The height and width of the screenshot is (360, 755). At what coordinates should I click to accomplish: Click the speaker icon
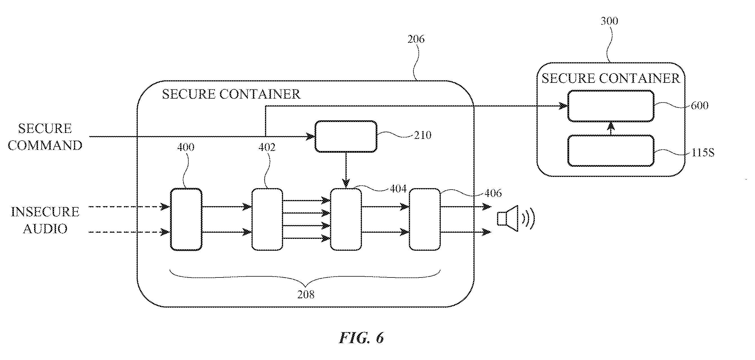pos(516,218)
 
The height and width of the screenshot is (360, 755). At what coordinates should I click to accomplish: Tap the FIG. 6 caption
pos(361,338)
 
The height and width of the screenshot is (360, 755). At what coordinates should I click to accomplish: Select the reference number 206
pos(416,39)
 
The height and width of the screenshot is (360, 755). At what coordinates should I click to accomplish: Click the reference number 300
pos(609,21)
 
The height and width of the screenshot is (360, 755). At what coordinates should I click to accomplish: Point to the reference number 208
pos(306,294)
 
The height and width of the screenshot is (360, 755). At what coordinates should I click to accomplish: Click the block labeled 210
pos(346,136)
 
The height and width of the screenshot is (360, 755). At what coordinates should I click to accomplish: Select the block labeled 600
pos(611,106)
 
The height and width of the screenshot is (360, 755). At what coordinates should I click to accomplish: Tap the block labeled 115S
pos(611,151)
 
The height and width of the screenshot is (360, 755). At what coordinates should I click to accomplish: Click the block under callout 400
pos(186,219)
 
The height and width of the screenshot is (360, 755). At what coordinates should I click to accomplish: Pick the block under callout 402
pos(267,219)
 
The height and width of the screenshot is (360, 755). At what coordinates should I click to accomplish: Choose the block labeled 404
pos(346,219)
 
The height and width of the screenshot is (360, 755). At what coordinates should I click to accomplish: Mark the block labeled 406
pos(425,219)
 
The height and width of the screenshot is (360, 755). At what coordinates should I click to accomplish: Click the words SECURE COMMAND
pos(45,137)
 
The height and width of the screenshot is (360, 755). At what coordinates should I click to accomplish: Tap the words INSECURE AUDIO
pos(45,220)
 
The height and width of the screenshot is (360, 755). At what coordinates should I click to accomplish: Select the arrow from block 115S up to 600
pos(611,128)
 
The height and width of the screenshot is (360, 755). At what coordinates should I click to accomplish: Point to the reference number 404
pos(398,188)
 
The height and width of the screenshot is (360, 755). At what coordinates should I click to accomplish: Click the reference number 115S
pos(703,153)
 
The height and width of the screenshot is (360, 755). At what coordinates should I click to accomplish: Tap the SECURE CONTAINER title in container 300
pos(611,78)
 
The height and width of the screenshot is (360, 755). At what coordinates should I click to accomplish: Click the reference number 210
pos(422,135)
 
